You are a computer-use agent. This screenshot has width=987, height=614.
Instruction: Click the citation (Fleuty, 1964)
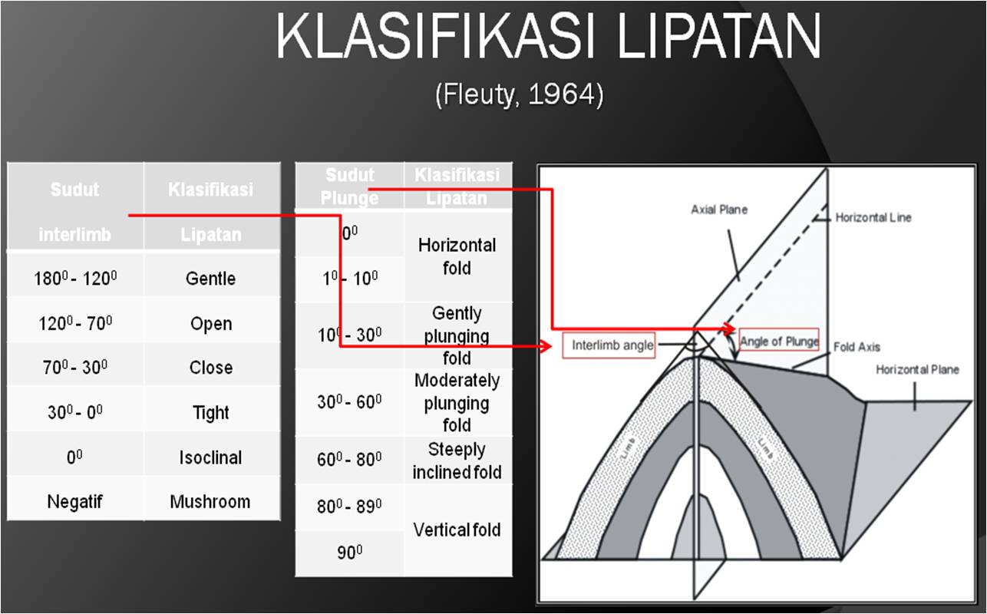click(519, 95)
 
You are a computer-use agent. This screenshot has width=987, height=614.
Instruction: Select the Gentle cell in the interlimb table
click(210, 279)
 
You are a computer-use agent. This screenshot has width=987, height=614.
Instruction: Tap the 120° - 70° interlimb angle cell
click(75, 323)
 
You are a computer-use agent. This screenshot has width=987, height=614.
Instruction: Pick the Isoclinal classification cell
click(210, 457)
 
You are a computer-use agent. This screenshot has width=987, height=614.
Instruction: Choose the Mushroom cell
click(210, 502)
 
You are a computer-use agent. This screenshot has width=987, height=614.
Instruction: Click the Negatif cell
click(74, 502)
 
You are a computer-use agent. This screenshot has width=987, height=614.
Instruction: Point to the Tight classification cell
click(210, 413)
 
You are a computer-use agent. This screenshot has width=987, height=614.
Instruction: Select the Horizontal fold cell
click(457, 256)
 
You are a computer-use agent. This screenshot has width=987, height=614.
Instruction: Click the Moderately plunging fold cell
click(457, 402)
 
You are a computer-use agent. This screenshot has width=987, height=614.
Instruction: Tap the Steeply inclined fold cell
click(457, 460)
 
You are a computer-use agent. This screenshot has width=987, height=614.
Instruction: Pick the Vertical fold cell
click(457, 530)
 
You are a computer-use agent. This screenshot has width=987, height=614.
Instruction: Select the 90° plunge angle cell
click(349, 552)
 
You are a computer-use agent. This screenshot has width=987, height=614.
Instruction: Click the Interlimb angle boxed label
click(612, 345)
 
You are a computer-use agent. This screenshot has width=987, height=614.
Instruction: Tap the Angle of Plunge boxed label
click(779, 341)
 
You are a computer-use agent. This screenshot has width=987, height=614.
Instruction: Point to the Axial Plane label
click(718, 209)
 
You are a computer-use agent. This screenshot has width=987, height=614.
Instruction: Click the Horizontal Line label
click(873, 218)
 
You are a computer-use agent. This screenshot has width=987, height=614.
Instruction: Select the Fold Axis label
click(857, 347)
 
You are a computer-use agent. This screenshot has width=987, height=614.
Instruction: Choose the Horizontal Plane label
click(917, 370)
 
